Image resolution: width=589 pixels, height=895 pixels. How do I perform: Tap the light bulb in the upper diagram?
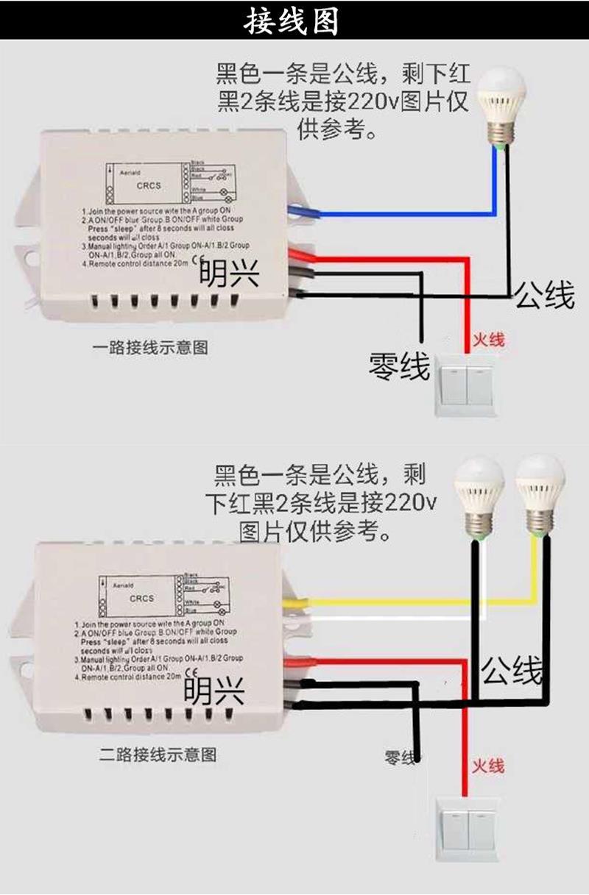pos(502,103)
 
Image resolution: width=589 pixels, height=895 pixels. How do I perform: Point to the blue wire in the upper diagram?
pos(405,214)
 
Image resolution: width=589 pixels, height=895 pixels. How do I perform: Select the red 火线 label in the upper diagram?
pos(488,340)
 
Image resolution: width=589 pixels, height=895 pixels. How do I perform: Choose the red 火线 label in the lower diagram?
pos(488,765)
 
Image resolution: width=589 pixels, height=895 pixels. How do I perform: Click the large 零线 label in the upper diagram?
pos(399,365)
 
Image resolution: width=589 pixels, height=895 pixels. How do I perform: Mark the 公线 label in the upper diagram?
pos(544,295)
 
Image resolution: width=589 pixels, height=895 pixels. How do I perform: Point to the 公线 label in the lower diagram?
pos(512,671)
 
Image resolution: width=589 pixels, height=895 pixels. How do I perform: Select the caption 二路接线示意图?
pos(158,755)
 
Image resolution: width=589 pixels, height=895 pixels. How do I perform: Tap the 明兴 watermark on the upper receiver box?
pos(230,274)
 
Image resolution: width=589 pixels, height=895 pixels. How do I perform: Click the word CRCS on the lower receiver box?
pos(141,598)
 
